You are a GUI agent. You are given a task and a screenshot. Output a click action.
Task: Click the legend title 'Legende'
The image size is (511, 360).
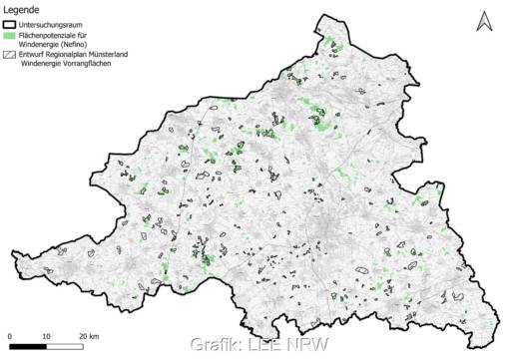(x=20, y=9)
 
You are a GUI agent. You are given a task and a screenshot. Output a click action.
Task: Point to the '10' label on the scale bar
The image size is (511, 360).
(x=48, y=334)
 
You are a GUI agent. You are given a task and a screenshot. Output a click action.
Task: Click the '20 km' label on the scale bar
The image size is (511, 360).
(x=90, y=334)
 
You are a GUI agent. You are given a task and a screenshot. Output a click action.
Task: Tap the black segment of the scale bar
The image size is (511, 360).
(x=29, y=344)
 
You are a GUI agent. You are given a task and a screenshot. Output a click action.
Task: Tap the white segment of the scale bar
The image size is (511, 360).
(x=66, y=344)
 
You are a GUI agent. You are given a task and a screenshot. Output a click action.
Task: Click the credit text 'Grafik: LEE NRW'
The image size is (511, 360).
(x=245, y=346)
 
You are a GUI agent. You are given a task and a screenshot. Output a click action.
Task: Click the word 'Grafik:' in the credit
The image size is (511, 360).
(x=213, y=346)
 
